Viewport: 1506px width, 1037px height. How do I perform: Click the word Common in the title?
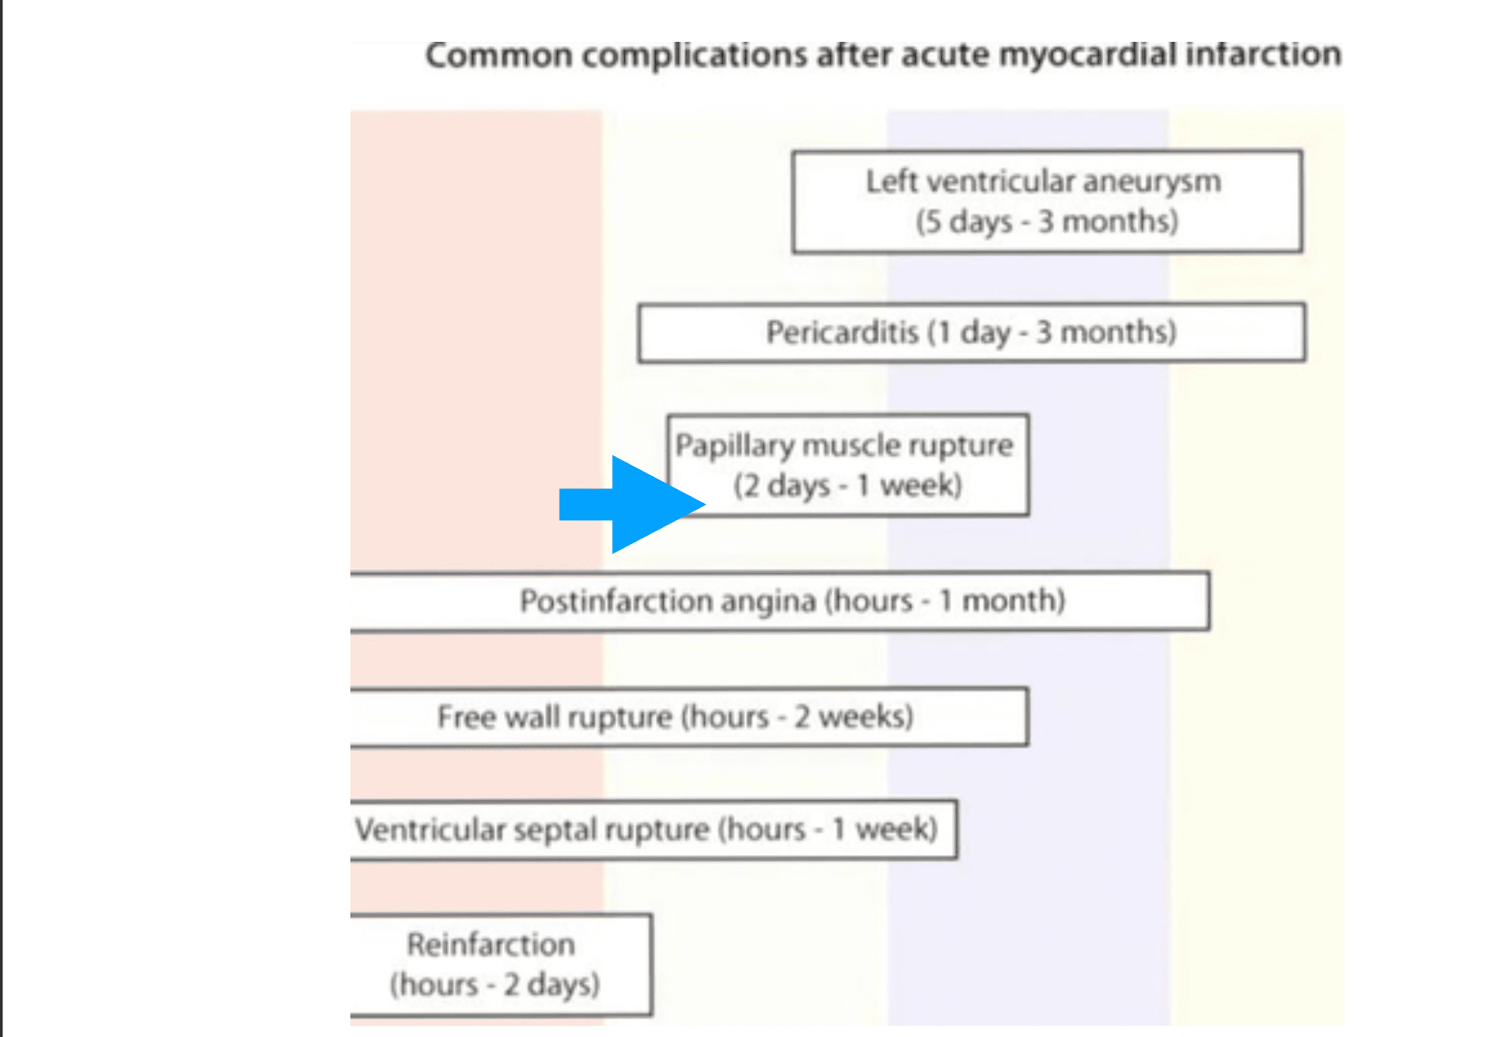pyautogui.click(x=499, y=55)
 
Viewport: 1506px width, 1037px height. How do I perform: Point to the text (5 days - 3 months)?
pyautogui.click(x=1047, y=222)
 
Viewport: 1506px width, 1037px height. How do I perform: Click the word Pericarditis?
pyautogui.click(x=843, y=332)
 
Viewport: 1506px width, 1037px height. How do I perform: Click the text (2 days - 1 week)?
pyautogui.click(x=848, y=486)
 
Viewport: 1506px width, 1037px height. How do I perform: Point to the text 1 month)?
pyautogui.click(x=1003, y=600)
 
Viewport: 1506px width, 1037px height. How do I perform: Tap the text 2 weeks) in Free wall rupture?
pyautogui.click(x=854, y=717)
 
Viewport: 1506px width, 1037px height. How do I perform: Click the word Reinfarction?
pyautogui.click(x=491, y=945)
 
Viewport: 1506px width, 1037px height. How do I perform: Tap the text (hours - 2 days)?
pyautogui.click(x=495, y=985)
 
